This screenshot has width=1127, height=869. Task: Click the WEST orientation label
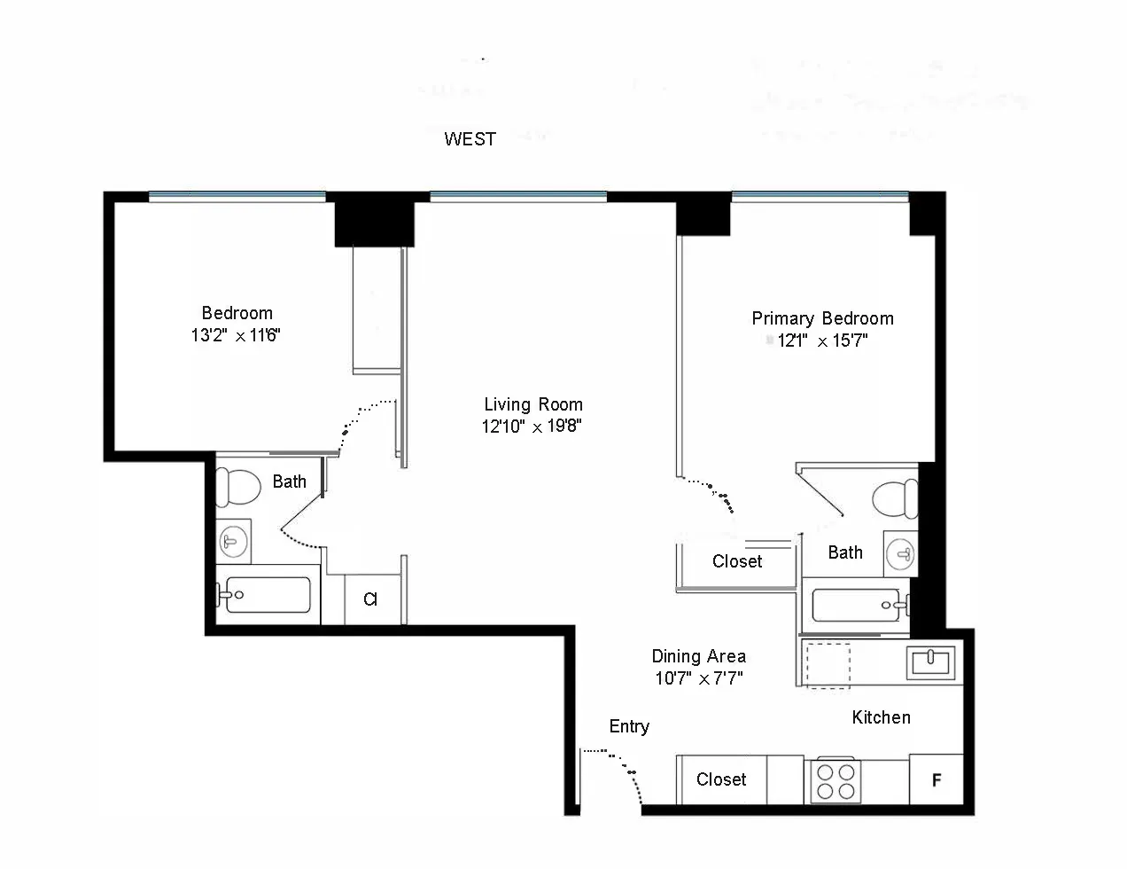[x=470, y=139]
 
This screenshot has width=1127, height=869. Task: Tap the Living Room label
[x=532, y=404]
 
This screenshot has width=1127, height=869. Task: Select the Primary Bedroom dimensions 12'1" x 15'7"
[x=822, y=341]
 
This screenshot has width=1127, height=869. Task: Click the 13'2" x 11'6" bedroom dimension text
[x=236, y=335]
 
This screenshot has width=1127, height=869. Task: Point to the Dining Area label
[x=698, y=656]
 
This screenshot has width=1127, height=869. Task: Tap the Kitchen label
[x=881, y=717]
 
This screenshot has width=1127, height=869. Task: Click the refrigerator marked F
[x=936, y=780]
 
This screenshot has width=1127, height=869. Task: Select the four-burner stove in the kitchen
[x=836, y=781]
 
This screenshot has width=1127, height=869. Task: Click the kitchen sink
[x=929, y=662]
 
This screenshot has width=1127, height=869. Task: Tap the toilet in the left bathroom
[x=237, y=486]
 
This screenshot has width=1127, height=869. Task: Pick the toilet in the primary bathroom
[x=896, y=499]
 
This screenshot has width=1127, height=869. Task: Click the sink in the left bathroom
[x=234, y=541]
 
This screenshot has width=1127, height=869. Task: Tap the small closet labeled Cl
[x=370, y=599]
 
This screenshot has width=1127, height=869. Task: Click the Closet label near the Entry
[x=720, y=779]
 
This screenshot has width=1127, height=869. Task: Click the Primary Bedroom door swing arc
[x=714, y=493]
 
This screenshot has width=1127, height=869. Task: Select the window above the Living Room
[x=518, y=197]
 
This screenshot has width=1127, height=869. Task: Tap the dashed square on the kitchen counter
[x=826, y=665]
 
